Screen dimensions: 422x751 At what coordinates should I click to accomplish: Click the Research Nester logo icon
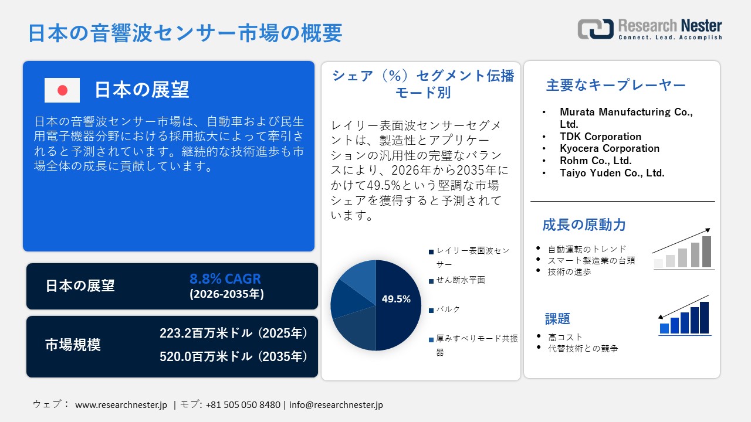tap(595, 29)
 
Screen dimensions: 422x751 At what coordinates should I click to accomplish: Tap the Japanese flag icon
tap(62, 90)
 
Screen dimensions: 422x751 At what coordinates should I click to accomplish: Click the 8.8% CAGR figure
tap(225, 279)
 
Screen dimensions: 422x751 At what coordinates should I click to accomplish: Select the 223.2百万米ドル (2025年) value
tap(234, 333)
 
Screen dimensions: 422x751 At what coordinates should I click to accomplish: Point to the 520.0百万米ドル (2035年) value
tap(234, 356)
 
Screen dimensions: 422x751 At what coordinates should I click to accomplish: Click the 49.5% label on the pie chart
tap(396, 299)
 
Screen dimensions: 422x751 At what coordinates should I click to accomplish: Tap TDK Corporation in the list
tap(600, 137)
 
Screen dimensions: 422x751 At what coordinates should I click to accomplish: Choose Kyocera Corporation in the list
tap(610, 148)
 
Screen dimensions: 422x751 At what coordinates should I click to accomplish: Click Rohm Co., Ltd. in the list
tap(596, 161)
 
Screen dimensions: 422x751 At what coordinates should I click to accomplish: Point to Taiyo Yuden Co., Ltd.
tap(612, 173)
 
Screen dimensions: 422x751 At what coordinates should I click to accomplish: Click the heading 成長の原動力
tap(584, 224)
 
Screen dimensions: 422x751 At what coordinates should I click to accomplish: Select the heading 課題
tap(557, 319)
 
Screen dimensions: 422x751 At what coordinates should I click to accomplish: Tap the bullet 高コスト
tap(566, 337)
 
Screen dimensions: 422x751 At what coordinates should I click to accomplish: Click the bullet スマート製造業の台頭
tap(591, 260)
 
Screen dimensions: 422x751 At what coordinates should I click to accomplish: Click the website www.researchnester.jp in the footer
tap(121, 405)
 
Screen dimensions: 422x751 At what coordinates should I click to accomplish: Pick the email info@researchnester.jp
tap(336, 405)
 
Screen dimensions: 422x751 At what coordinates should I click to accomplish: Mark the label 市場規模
tap(73, 345)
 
